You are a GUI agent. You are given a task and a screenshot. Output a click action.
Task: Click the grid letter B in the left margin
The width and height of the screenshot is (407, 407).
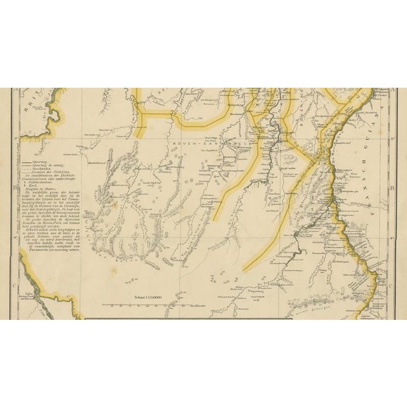point(13,188)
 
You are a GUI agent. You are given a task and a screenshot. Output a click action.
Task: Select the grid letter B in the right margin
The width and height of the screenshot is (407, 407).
point(394,188)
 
